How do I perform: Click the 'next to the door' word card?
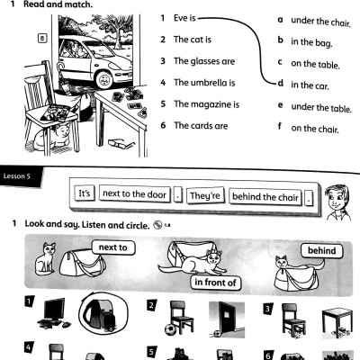click(133, 193)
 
